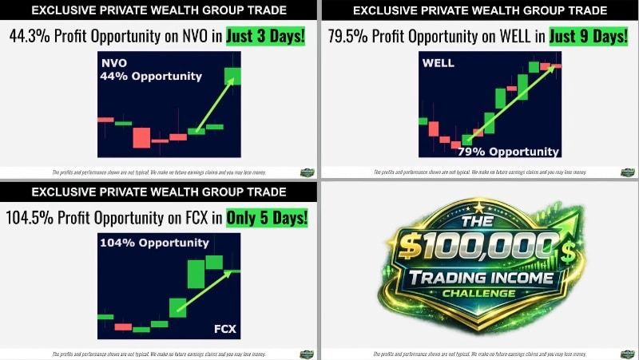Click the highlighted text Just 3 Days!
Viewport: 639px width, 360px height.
(263, 36)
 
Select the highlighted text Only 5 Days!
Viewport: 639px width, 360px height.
(266, 217)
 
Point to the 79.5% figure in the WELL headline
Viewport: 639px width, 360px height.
(350, 36)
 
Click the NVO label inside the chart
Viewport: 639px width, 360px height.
(114, 63)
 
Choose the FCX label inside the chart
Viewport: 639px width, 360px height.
(223, 329)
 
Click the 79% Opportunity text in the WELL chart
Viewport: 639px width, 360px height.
(508, 151)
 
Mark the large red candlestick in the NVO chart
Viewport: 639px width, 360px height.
(141, 137)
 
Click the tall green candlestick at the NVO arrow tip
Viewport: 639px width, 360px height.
(232, 75)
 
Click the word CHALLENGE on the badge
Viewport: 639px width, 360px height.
(479, 294)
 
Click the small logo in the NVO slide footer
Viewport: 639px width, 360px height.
(307, 172)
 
